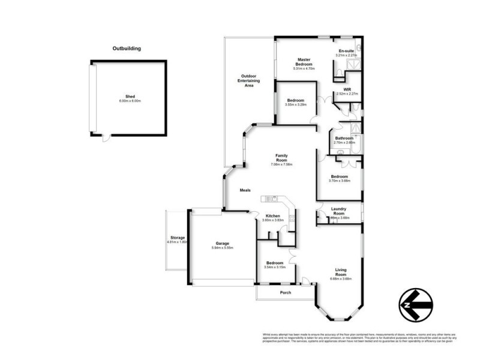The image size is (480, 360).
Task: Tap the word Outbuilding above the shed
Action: [127, 49]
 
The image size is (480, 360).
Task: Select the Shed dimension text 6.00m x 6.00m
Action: [130, 101]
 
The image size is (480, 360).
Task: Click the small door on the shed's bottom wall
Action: [106, 137]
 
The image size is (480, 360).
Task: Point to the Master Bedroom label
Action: [304, 62]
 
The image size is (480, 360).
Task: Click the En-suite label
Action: [346, 51]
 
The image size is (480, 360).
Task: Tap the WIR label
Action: [347, 89]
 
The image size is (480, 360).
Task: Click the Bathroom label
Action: [344, 138]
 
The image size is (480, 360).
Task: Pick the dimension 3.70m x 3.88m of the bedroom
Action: [339, 181]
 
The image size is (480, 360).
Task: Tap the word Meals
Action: [245, 190]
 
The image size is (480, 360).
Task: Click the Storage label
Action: [177, 238]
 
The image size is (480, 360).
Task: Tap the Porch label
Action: [286, 293]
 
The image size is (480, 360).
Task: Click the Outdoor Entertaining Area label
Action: [248, 81]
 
